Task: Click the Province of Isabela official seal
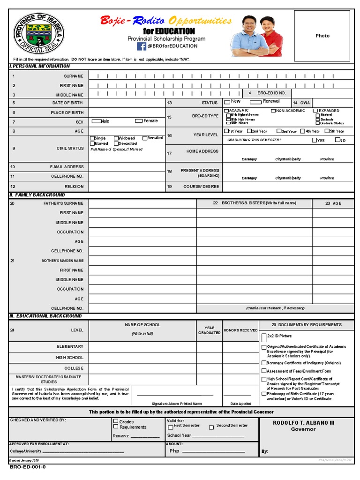[x=38, y=33]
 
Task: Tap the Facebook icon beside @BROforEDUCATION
[x=142, y=46]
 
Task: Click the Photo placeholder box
[x=322, y=36]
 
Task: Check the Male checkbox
[x=96, y=121]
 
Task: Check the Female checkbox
[x=139, y=121]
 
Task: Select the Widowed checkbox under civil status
[x=116, y=138]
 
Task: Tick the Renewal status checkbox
[x=255, y=102]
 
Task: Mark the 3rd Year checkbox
[x=279, y=131]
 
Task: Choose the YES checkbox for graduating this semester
[x=314, y=140]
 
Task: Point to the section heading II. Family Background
[x=37, y=195]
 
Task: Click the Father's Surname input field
[x=142, y=203]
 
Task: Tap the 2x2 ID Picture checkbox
[x=263, y=337]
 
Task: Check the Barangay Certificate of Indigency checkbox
[x=263, y=363]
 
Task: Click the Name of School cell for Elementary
[x=142, y=346]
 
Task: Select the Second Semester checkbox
[x=211, y=427]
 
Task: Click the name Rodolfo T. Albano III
[x=303, y=423]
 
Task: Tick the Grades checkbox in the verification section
[x=116, y=422]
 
